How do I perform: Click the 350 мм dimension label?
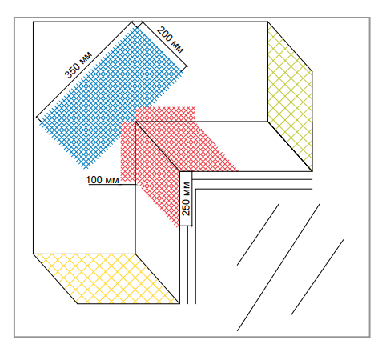coord(78,65)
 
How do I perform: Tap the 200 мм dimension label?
coord(171,39)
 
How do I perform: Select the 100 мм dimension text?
coord(103,180)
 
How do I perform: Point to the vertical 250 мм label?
coord(186,198)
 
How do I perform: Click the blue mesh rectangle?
coord(112,98)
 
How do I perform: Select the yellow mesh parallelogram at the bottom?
coord(107,279)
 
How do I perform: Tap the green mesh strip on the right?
coord(290,97)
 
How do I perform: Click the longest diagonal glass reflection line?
coord(278,268)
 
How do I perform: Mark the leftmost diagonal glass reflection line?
coord(258,234)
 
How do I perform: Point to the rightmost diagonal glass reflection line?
coord(317,278)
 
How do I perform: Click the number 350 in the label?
coord(73,70)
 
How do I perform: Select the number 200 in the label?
coord(164,34)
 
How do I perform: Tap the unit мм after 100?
coord(112,181)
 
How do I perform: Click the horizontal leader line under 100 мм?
coord(112,184)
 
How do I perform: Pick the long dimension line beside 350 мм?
coord(84,70)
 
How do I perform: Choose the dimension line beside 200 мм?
coord(164,44)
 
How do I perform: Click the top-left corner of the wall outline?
coord(33,22)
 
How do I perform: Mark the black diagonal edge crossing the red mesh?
coord(158,146)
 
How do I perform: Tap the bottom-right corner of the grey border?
coord(370,337)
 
